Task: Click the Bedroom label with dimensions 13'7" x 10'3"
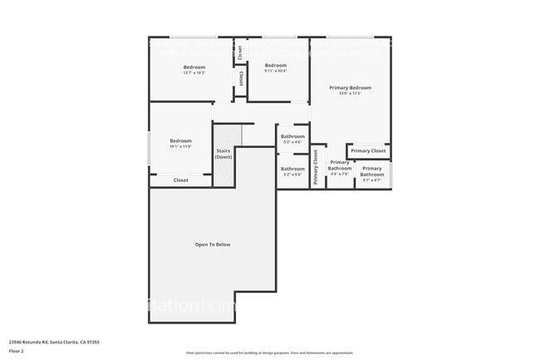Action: tap(194, 67)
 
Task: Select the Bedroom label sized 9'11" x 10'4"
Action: tap(275, 66)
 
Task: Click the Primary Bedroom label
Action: tap(349, 87)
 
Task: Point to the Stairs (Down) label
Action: tap(223, 154)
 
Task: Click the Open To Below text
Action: tap(213, 244)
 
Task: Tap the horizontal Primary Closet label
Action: tap(368, 150)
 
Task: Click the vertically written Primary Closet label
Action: tap(317, 167)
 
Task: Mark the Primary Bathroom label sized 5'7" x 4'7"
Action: tap(371, 172)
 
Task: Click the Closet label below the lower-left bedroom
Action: tap(180, 180)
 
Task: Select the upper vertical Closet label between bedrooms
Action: tap(240, 52)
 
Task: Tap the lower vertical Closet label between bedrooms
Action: tap(241, 79)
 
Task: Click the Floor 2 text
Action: tap(17, 351)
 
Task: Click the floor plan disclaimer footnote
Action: tap(269, 353)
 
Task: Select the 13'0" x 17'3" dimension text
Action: tap(349, 93)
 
